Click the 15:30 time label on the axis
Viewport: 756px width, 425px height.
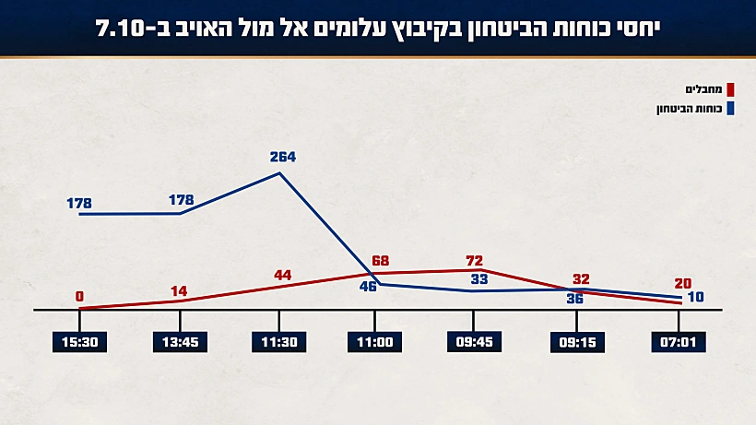pyautogui.click(x=79, y=342)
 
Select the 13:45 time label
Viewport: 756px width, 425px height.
pyautogui.click(x=179, y=342)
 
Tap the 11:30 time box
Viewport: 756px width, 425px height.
pyautogui.click(x=278, y=342)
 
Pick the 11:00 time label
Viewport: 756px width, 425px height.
pyautogui.click(x=375, y=342)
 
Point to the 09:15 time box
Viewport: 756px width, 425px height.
pyautogui.click(x=576, y=342)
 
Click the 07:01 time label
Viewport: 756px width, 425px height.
pyautogui.click(x=679, y=342)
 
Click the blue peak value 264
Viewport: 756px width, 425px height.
pyautogui.click(x=282, y=157)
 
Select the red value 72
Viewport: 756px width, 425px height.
pyautogui.click(x=475, y=261)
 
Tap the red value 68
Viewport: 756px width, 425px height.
pyautogui.click(x=379, y=262)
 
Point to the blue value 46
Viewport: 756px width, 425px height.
pyautogui.click(x=367, y=288)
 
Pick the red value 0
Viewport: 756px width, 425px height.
pyautogui.click(x=79, y=296)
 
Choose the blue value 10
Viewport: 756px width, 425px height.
pyautogui.click(x=697, y=297)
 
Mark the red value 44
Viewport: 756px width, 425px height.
pyautogui.click(x=282, y=275)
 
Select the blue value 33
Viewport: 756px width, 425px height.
pyautogui.click(x=479, y=278)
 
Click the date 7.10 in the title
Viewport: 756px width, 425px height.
pyautogui.click(x=123, y=29)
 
